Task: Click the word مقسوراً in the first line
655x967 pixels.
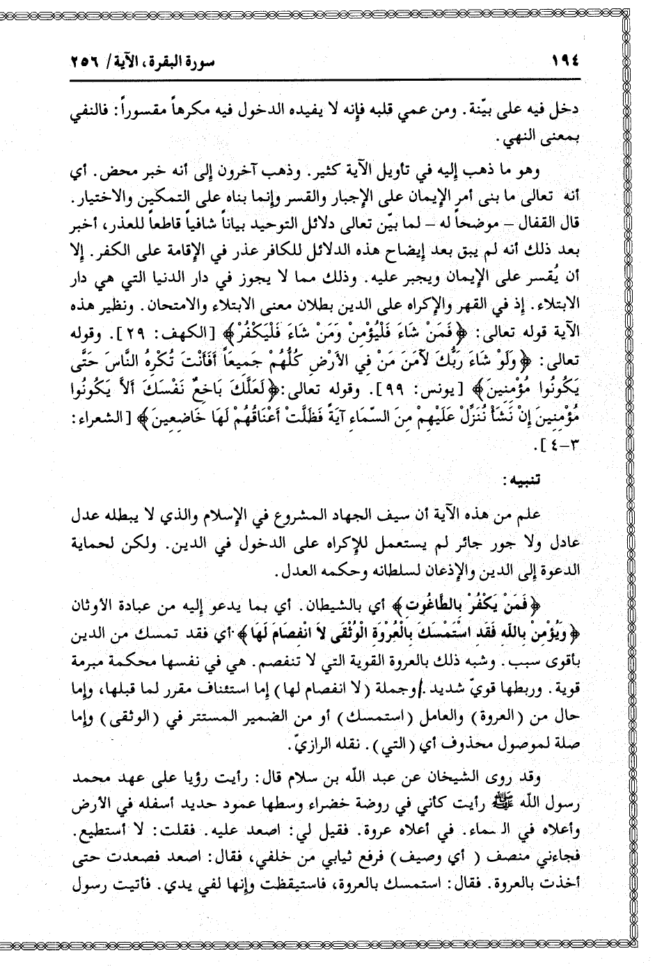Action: pos(164,110)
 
